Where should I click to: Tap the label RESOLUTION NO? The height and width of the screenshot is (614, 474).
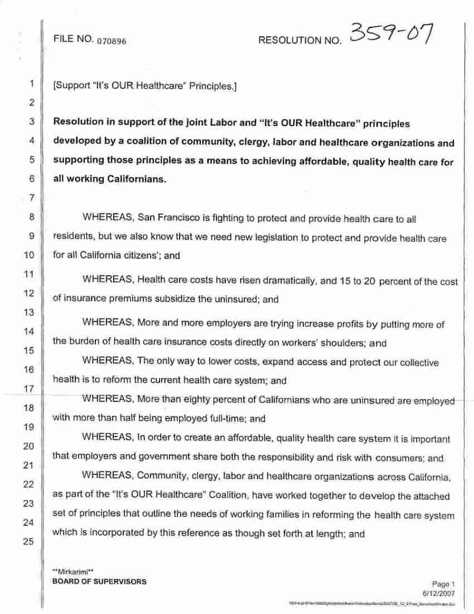point(299,41)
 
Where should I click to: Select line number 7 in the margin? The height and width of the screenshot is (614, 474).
point(31,198)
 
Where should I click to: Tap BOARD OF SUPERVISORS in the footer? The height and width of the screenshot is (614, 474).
point(99,581)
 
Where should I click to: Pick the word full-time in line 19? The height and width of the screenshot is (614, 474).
point(226,418)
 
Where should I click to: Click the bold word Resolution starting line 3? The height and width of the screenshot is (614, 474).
point(78,122)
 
